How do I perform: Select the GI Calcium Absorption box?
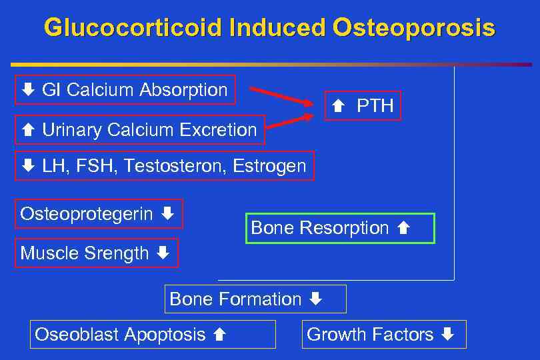(x=125, y=90)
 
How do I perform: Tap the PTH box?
(x=363, y=105)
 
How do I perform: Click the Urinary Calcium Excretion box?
(x=140, y=129)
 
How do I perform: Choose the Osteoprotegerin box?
(x=99, y=214)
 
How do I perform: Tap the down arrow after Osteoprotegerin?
(x=167, y=214)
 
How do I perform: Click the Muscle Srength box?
(x=97, y=253)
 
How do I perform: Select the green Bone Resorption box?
(x=340, y=228)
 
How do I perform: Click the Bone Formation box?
(x=255, y=299)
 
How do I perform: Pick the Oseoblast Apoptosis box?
(x=153, y=334)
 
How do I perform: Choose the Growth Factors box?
(x=385, y=334)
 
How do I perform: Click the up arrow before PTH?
(x=337, y=106)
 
